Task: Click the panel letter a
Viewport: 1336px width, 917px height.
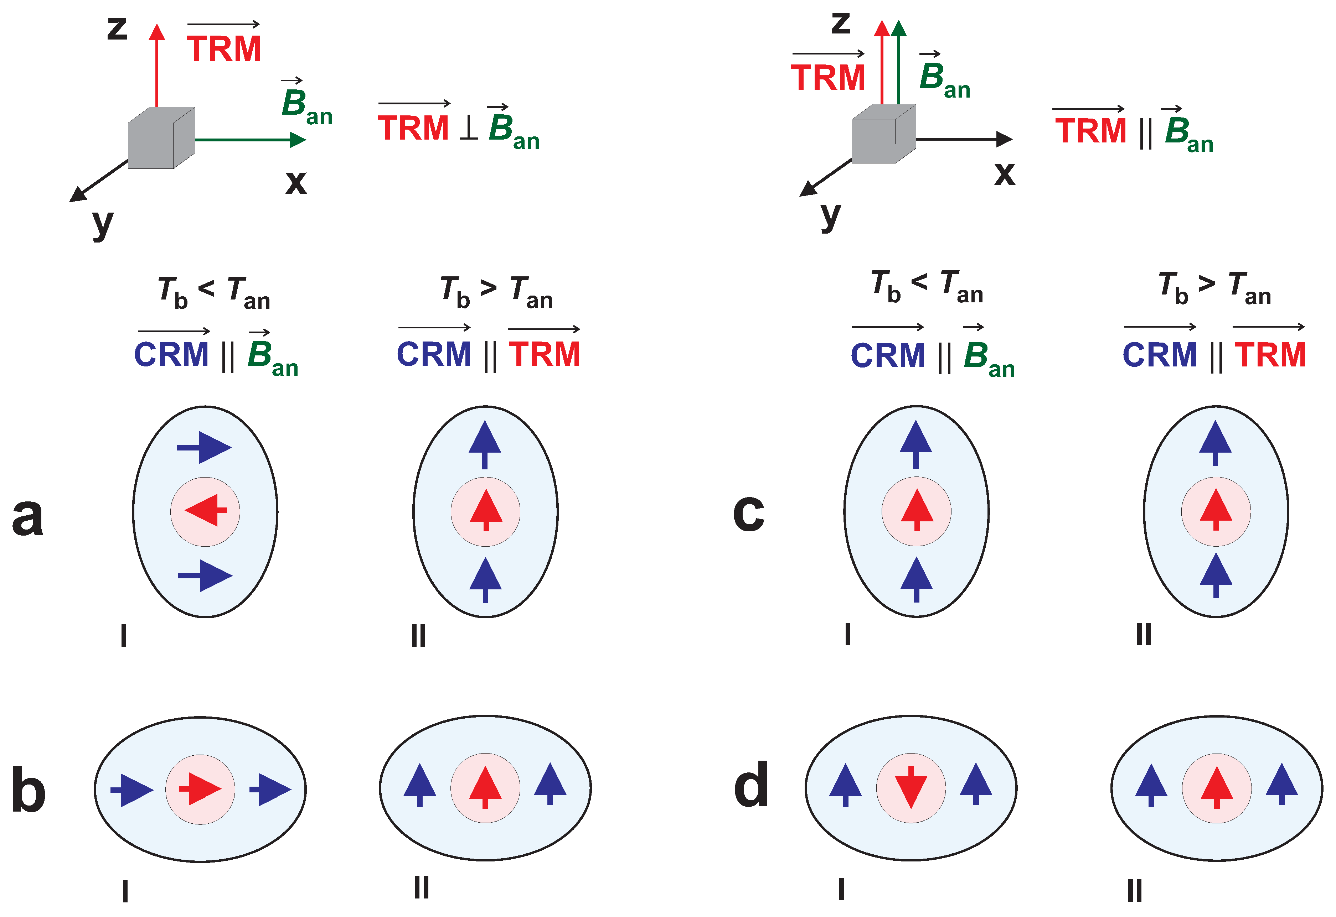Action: click(x=27, y=517)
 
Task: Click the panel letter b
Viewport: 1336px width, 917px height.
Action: click(x=29, y=790)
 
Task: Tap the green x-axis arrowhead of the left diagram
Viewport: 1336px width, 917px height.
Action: click(x=298, y=140)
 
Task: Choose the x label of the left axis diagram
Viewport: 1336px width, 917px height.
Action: click(x=296, y=183)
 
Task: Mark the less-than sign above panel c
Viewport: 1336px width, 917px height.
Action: click(x=919, y=282)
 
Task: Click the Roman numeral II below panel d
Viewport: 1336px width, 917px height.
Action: click(x=1134, y=891)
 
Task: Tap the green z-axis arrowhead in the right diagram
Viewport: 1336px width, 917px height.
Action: click(x=899, y=27)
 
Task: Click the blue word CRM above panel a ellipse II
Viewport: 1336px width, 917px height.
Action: click(x=434, y=354)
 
